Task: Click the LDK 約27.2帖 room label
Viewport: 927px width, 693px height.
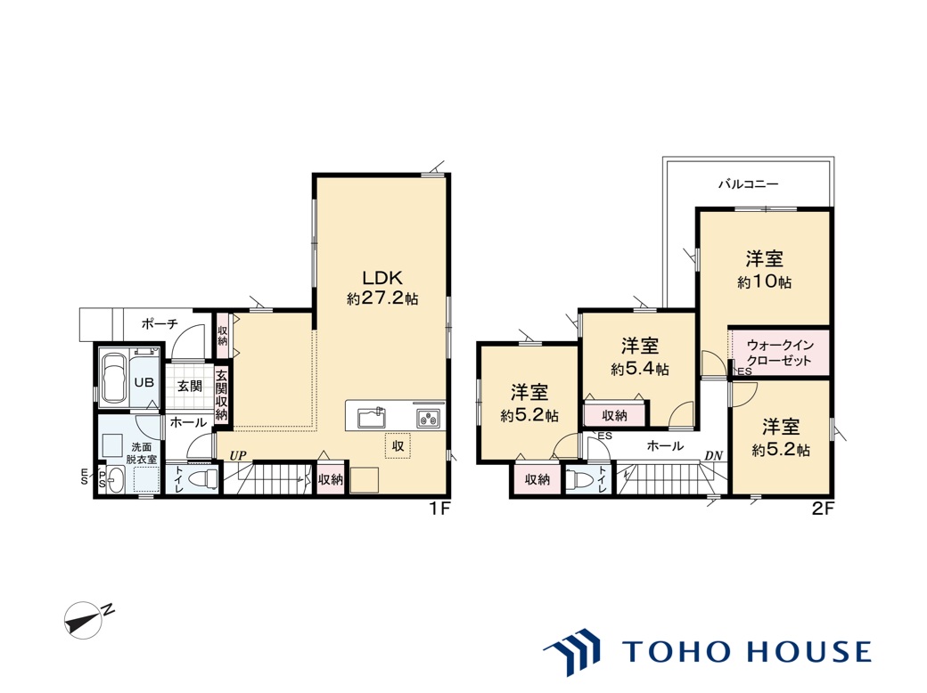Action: tap(381, 287)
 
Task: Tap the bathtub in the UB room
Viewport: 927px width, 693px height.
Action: tap(114, 379)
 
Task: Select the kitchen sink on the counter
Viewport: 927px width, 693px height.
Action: tap(372, 418)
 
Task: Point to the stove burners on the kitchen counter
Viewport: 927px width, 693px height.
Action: tap(428, 418)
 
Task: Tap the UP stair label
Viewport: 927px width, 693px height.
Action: tap(238, 455)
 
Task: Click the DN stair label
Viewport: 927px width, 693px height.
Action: tap(714, 456)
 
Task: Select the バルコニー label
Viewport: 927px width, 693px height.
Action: tap(749, 184)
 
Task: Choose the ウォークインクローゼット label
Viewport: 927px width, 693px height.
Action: tap(780, 353)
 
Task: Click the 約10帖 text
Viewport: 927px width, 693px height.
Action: tap(764, 282)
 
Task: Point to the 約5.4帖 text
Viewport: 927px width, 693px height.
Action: tap(640, 370)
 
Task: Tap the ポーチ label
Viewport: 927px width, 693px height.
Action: tap(160, 323)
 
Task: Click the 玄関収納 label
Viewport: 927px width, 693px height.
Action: tap(221, 395)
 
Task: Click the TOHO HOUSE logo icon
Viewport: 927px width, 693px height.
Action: tap(571, 652)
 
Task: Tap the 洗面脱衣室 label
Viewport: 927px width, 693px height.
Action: tap(142, 453)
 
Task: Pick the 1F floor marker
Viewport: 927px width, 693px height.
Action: tap(439, 509)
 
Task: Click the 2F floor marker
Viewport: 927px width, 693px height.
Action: tap(823, 509)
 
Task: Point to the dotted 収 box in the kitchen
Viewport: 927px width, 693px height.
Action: tap(398, 446)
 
